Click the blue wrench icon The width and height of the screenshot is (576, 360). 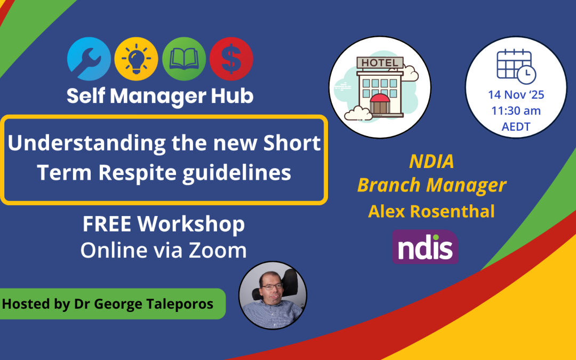(89, 59)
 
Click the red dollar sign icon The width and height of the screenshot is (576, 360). (231, 59)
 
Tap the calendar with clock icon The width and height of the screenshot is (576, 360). (516, 65)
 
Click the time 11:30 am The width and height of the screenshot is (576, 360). (515, 111)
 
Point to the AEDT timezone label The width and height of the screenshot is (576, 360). (515, 127)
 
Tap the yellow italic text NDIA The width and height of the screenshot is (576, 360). (431, 161)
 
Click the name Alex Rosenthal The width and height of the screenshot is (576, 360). (431, 211)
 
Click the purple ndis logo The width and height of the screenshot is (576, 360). (425, 247)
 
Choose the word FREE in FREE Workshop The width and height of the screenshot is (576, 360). (107, 225)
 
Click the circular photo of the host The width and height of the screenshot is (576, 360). (273, 295)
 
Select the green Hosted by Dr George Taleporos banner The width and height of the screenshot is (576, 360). (109, 304)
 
